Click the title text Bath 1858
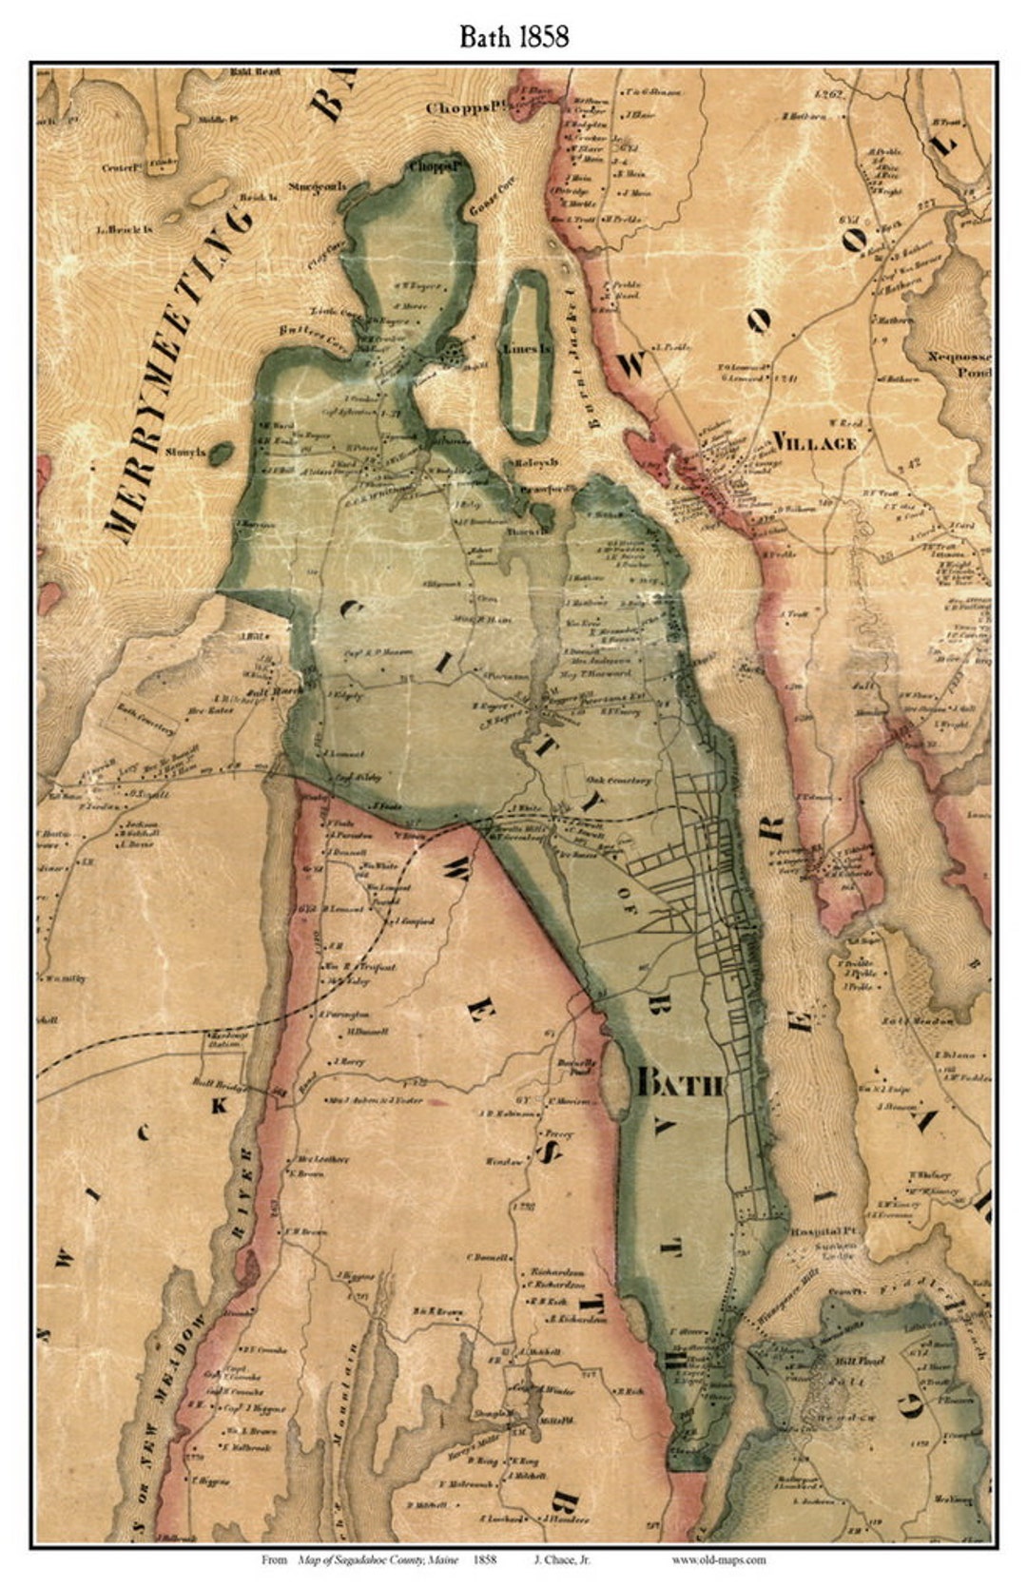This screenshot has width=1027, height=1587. click(513, 36)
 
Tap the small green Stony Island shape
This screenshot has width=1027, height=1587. click(221, 454)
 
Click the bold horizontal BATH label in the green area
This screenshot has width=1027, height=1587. click(681, 1083)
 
